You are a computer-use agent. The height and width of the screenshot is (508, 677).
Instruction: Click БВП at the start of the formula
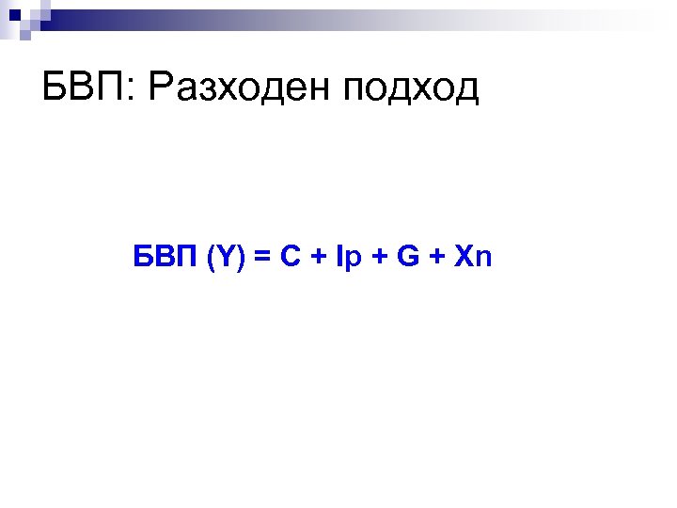tap(165, 256)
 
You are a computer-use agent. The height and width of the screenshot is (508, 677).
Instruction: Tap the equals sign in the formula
tap(260, 257)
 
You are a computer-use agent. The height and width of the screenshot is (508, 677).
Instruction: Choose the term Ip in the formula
tap(347, 257)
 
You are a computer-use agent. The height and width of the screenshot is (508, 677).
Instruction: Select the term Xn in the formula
tap(472, 256)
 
